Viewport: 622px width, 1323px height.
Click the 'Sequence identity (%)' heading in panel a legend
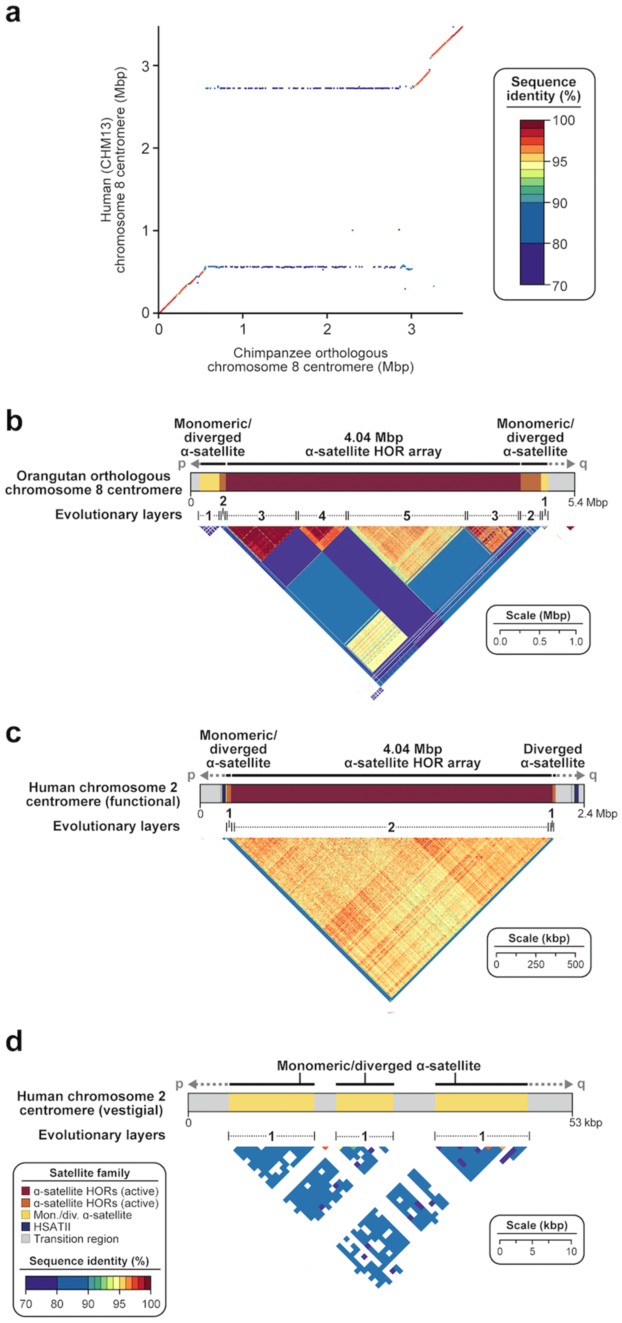tap(543, 89)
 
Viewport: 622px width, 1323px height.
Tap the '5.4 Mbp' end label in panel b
tap(588, 502)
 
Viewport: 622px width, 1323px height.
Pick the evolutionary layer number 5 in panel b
tap(406, 516)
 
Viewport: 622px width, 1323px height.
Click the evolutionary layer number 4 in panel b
tap(322, 516)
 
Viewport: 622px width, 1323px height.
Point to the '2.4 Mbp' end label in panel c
tap(597, 814)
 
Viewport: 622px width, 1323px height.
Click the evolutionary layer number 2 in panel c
tap(391, 827)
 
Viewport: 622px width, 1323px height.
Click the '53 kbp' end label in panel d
tap(585, 1123)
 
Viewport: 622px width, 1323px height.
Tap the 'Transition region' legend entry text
tap(76, 1239)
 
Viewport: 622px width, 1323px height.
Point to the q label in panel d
tap(581, 1084)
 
